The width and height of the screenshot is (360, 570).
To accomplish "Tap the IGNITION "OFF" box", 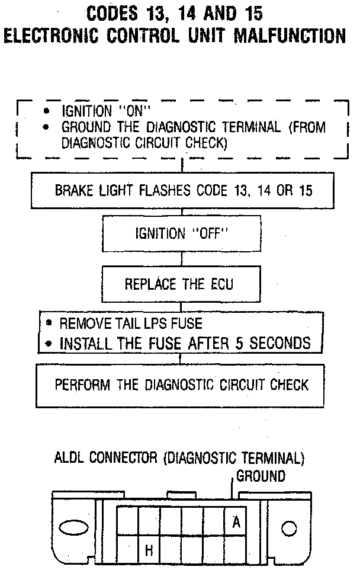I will click(x=181, y=233).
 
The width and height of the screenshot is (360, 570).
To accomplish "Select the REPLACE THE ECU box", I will click(x=179, y=284).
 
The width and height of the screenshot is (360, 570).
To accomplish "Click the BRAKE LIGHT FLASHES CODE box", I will click(x=184, y=191).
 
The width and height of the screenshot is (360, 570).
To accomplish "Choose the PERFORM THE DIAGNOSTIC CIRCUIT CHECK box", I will click(x=182, y=385).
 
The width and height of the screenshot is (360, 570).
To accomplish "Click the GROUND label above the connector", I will click(x=261, y=475).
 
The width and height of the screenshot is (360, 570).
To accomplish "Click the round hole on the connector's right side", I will click(x=289, y=527).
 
